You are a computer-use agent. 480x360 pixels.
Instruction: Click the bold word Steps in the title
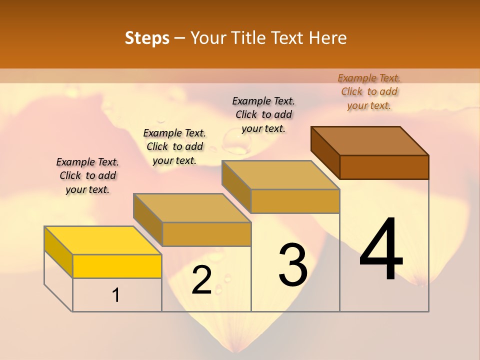[x=147, y=38]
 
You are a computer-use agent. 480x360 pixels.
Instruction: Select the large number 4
[x=381, y=250]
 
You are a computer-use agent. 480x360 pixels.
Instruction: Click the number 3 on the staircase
[x=293, y=265]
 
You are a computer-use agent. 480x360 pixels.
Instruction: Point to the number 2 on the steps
[x=201, y=280]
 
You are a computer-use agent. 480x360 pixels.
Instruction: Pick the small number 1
[x=116, y=295]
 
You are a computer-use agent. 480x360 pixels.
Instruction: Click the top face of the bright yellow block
[x=102, y=240]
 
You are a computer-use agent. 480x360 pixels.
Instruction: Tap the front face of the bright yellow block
[x=117, y=266]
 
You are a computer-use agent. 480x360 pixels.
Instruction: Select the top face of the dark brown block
[x=370, y=140]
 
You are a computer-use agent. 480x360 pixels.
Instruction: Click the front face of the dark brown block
[x=384, y=167]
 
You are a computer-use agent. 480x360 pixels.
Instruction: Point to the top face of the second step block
[x=192, y=207]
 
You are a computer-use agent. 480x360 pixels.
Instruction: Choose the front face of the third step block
[x=295, y=201]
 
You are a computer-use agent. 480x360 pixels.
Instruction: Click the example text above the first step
[x=87, y=175]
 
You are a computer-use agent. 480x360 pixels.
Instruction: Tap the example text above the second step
[x=174, y=146]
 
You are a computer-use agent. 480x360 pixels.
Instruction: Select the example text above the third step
[x=263, y=114]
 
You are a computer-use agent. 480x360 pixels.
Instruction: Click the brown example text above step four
[x=369, y=91]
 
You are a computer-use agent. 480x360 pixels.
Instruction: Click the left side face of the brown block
[x=325, y=152]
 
